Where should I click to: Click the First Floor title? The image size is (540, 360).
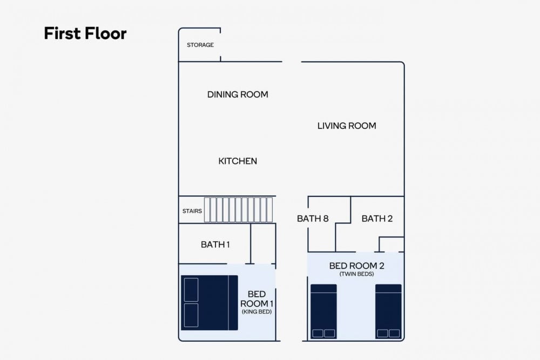(85, 33)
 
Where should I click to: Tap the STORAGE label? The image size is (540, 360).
(200, 45)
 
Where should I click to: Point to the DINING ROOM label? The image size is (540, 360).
(238, 94)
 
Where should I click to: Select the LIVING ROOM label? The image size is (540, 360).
(347, 126)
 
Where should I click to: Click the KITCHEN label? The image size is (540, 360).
(238, 161)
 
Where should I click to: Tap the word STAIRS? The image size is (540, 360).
(192, 211)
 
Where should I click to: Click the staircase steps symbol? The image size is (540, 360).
(238, 209)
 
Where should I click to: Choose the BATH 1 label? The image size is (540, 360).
(215, 244)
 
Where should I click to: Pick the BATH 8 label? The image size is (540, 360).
(313, 219)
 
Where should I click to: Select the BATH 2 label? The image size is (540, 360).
(377, 219)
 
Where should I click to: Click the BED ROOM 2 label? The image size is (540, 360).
(356, 266)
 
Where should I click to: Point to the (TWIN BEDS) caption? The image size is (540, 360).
(356, 274)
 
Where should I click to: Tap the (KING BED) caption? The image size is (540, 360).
(256, 312)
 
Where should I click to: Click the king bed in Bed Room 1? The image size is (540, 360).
(210, 303)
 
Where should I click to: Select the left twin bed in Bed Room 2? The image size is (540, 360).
(323, 311)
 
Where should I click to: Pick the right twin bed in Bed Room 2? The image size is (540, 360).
(388, 311)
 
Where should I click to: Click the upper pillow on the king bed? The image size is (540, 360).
(191, 290)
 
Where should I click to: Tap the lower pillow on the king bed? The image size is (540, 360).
(191, 315)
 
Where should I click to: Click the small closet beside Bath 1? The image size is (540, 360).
(263, 243)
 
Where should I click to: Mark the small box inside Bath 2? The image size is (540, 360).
(391, 244)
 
